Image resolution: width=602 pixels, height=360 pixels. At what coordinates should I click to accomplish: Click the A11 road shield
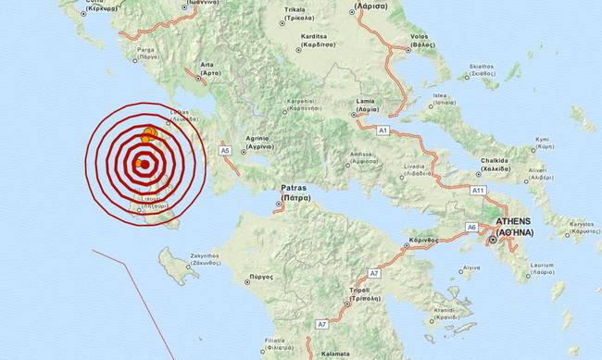478,190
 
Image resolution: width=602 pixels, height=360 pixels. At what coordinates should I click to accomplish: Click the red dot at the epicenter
144,163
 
